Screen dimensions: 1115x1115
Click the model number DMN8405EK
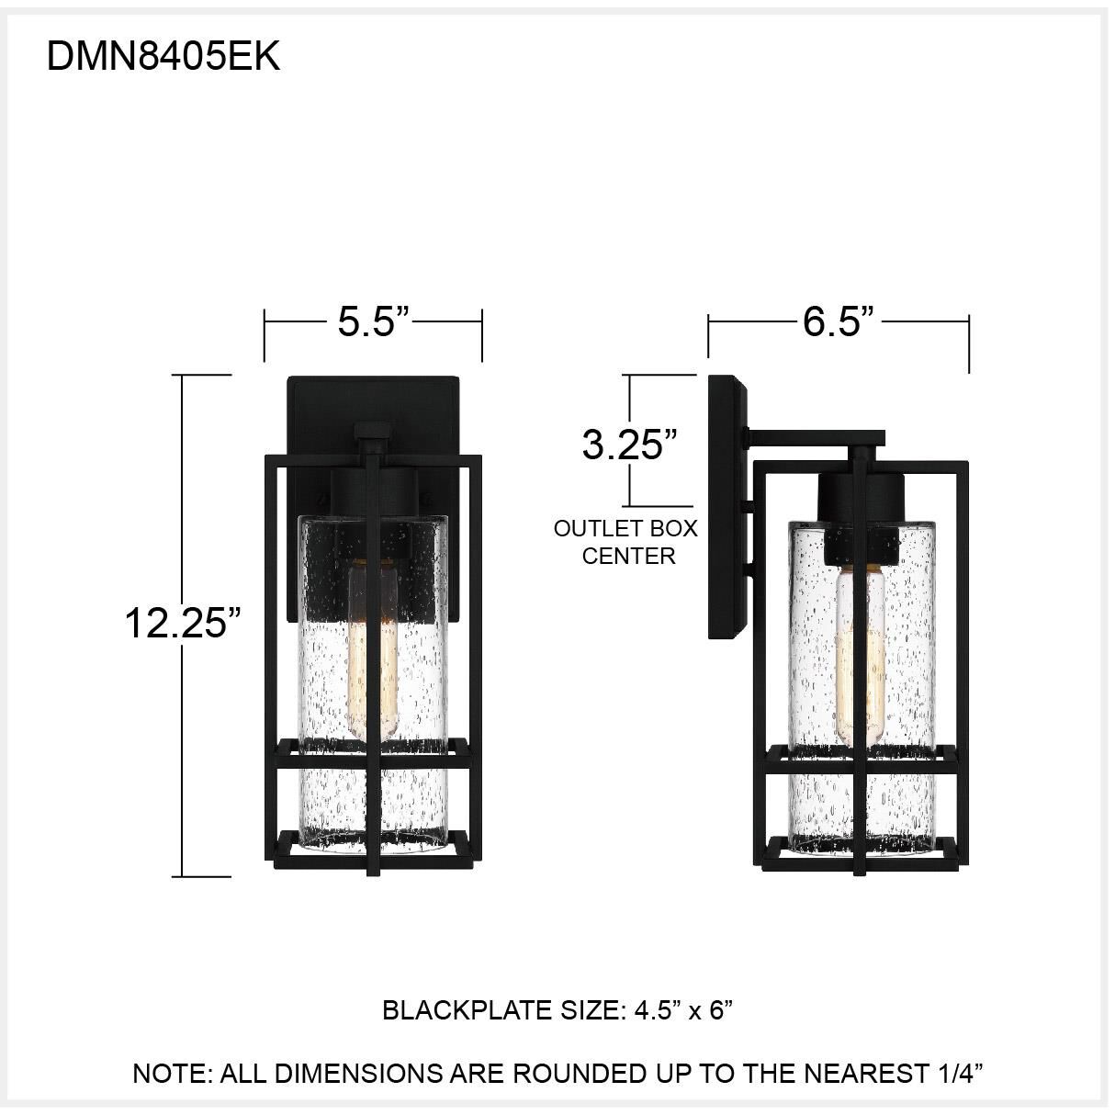(163, 57)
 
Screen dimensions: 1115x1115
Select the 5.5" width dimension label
(372, 321)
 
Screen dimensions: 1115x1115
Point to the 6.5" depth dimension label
(837, 321)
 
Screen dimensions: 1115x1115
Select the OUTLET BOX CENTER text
(625, 542)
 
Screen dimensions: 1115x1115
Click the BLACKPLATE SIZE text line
(557, 1010)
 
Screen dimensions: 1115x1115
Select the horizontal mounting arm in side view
(816, 438)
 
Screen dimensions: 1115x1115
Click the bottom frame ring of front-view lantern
(375, 851)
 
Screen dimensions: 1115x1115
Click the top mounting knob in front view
(372, 432)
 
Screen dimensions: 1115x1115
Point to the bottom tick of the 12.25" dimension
(204, 876)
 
